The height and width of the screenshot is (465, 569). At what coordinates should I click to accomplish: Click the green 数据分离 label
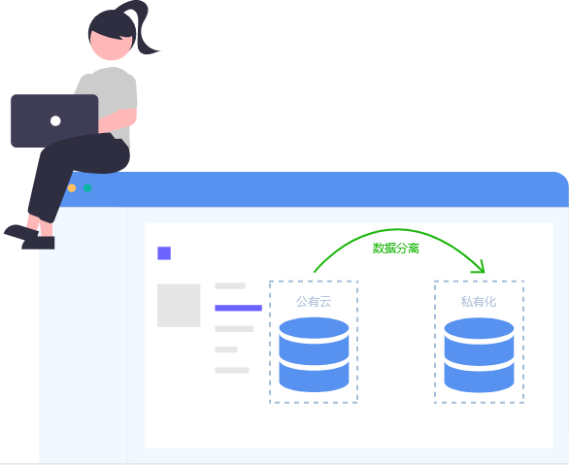click(396, 249)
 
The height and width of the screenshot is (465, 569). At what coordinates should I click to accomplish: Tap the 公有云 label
click(314, 301)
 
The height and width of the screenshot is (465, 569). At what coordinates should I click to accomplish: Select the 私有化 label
click(479, 301)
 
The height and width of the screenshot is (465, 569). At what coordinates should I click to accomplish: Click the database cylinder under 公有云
click(314, 354)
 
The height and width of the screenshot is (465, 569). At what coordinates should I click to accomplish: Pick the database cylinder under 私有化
click(479, 354)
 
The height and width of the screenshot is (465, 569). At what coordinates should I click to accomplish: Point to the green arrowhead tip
click(485, 272)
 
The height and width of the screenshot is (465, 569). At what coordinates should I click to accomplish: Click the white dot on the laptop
click(55, 120)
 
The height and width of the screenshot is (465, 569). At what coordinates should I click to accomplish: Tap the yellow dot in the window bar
click(72, 188)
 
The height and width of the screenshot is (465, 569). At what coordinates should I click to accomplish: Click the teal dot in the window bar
click(87, 188)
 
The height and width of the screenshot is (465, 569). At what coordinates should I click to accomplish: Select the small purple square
click(164, 253)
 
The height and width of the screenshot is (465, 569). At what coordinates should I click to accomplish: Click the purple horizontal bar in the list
click(239, 308)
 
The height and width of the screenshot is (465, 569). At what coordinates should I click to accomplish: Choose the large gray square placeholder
click(179, 306)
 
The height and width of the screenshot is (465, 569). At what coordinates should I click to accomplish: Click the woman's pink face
click(111, 47)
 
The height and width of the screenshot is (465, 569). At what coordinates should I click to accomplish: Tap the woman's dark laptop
click(54, 120)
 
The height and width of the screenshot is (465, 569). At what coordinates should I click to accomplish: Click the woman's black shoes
click(30, 237)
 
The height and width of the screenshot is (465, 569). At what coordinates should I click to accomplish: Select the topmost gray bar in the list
click(230, 285)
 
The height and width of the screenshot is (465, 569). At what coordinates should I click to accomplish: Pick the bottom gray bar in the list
click(231, 370)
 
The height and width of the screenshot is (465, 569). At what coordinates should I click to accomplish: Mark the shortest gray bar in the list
click(226, 349)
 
